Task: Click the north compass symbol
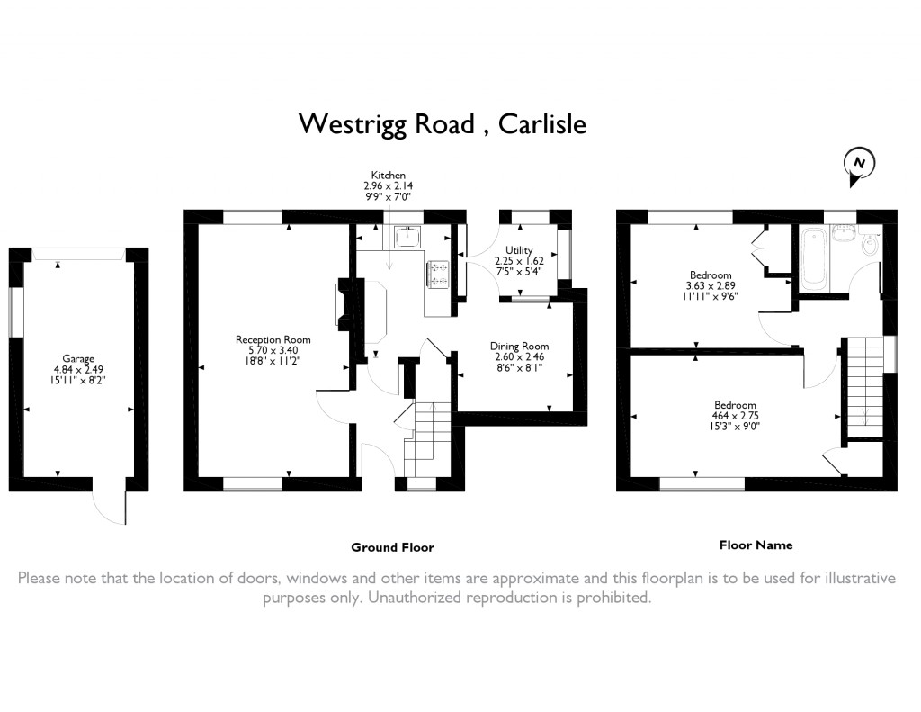(859, 166)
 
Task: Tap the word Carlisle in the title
(542, 124)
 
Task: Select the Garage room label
(78, 358)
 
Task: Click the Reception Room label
(273, 339)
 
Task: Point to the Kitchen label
(389, 176)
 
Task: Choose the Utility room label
(519, 250)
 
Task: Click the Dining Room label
(519, 347)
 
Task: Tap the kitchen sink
(407, 237)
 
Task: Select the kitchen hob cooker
(438, 275)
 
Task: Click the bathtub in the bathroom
(813, 259)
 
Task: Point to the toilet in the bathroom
(869, 243)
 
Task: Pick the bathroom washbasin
(844, 235)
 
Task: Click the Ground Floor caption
(392, 547)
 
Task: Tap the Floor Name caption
(756, 545)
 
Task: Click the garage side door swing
(109, 507)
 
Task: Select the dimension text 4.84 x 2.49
(78, 369)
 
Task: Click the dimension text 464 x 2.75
(736, 416)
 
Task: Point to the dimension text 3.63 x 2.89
(711, 285)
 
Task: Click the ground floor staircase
(427, 438)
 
